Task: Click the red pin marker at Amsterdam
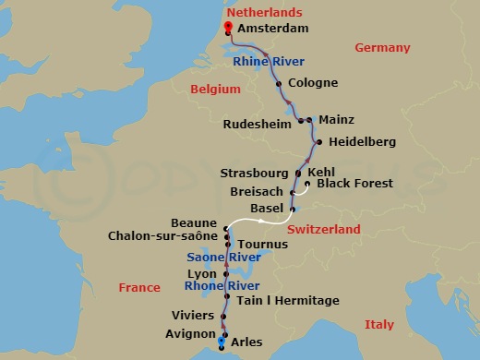[x=226, y=28]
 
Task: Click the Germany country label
[x=383, y=48]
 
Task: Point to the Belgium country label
[x=215, y=90]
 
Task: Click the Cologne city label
[x=314, y=82]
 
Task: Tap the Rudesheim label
[x=256, y=123]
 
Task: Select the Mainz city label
[x=337, y=120]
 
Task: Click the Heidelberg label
[x=363, y=142]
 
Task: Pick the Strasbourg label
[x=255, y=173]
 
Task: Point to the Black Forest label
[x=354, y=184]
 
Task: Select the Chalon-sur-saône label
[x=162, y=237]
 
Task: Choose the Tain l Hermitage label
[x=287, y=301]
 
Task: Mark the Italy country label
[x=378, y=325]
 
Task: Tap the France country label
[x=139, y=288]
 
